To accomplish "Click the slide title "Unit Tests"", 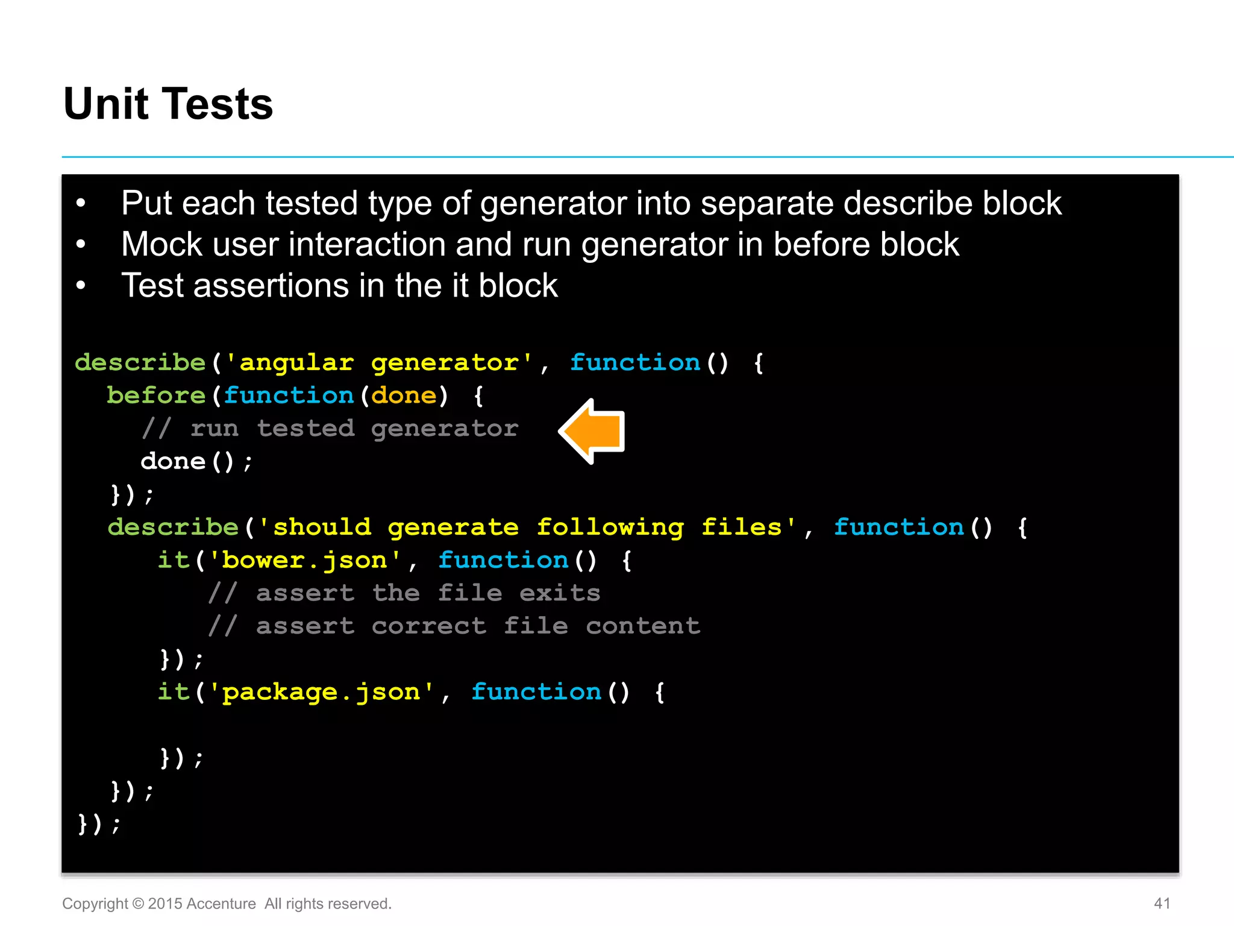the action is pos(168,104).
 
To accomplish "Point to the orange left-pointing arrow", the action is pos(594,431).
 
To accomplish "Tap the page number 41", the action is pos(1162,903).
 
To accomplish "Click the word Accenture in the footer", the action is pos(221,904).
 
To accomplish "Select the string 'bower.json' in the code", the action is pos(304,561).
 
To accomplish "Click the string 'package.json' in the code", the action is pos(321,692).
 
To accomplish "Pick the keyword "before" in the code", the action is pos(156,395).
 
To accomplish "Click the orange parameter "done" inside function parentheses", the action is pos(404,395).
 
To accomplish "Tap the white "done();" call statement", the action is pos(196,462).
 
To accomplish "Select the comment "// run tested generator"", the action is pos(330,429).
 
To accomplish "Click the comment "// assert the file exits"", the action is pos(404,593).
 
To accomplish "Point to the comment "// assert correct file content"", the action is pos(454,626).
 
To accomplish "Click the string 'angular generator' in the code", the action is pos(378,363).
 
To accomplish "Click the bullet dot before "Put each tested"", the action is pos(81,204).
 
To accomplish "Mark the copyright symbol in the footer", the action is pos(138,904).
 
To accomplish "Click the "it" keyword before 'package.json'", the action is pos(174,692).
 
